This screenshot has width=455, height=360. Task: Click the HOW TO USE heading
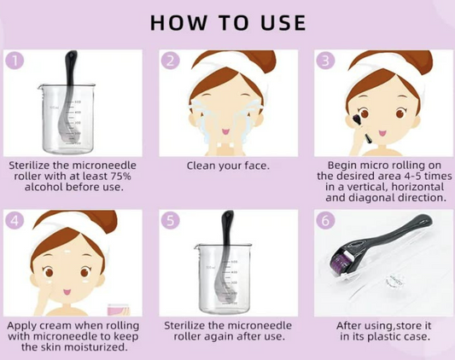click(x=227, y=21)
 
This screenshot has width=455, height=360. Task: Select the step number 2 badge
click(x=171, y=61)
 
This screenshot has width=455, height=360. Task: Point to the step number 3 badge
click(x=324, y=61)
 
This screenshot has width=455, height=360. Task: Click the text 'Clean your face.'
click(x=227, y=165)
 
